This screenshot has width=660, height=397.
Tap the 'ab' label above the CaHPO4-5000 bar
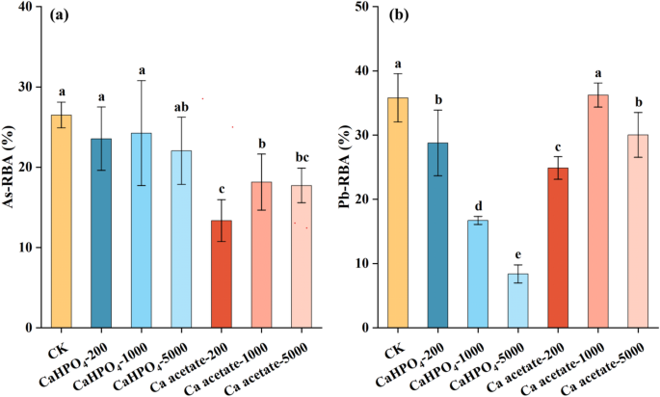point(182,107)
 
